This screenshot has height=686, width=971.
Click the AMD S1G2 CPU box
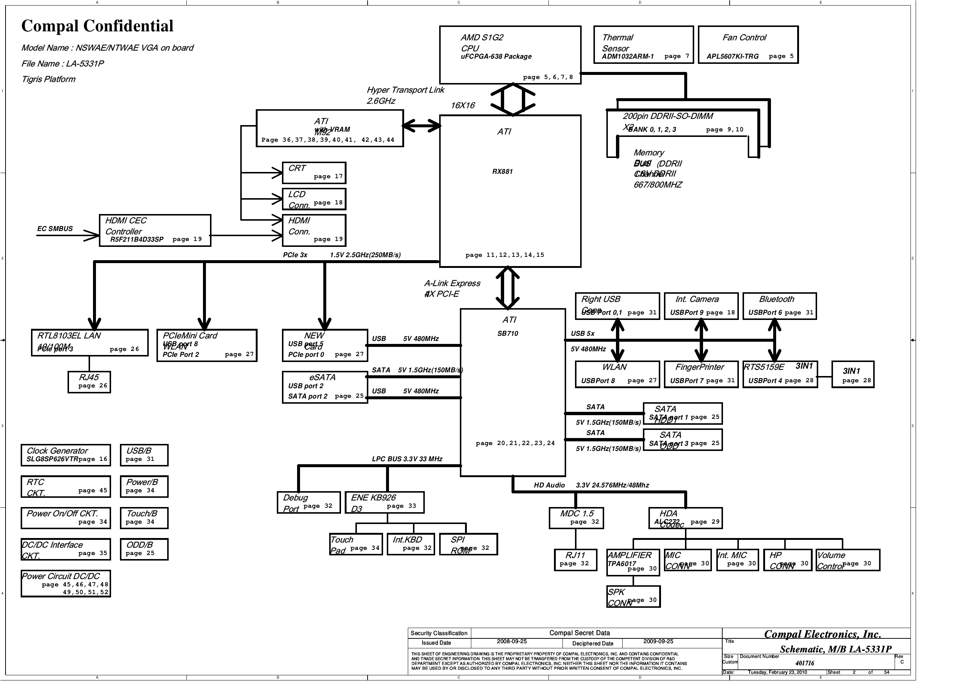510,55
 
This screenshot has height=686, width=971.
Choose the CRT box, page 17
314,173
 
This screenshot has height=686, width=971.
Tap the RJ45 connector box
89,382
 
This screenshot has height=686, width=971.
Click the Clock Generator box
66,455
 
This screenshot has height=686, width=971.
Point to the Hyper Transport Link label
405,90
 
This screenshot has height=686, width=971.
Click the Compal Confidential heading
97,26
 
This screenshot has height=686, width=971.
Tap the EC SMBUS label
55,229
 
